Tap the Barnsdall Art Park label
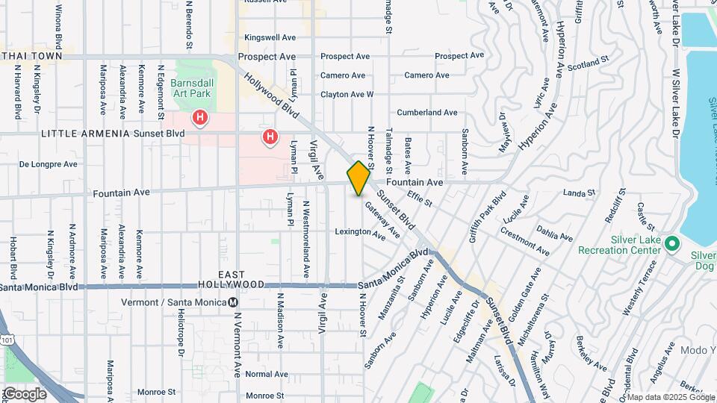tap(191, 87)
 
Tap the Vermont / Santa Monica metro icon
tap(234, 302)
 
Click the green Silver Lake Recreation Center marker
tap(671, 244)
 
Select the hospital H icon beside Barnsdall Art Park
tap(199, 117)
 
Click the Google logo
tap(25, 393)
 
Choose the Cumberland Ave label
tap(426, 113)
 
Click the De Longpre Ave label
tap(49, 164)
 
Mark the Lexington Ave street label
tap(361, 232)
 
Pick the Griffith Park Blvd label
tap(487, 217)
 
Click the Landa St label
tap(579, 193)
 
